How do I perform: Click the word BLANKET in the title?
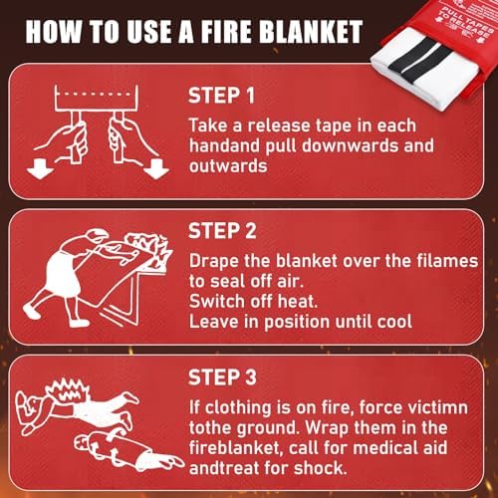[x=311, y=32]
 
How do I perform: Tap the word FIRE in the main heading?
[x=226, y=32]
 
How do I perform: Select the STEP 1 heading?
[x=221, y=96]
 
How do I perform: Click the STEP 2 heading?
[x=222, y=231]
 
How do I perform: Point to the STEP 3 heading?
[x=222, y=377]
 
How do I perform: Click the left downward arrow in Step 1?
[x=40, y=169]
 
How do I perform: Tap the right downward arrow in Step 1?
[x=156, y=168]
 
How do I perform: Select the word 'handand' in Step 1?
[x=225, y=145]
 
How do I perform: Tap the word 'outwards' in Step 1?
[x=228, y=166]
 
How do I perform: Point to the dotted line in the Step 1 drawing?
[x=97, y=95]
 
